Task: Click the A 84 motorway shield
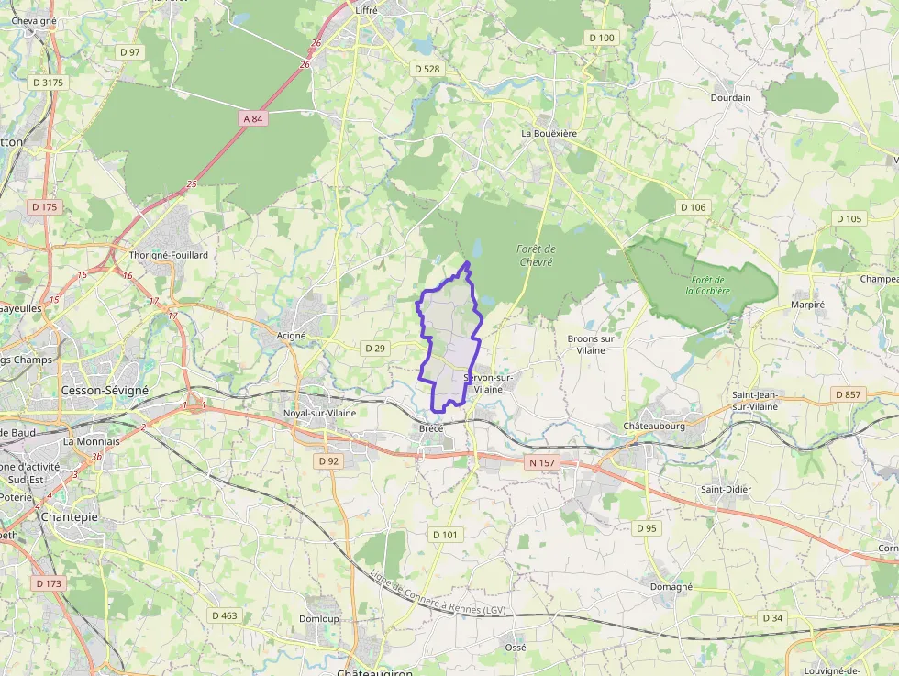click(253, 118)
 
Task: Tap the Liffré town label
click(367, 11)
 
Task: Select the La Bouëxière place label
click(549, 133)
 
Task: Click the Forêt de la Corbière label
click(708, 285)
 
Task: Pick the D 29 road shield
click(374, 349)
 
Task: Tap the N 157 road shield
click(542, 463)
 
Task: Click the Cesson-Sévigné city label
click(105, 390)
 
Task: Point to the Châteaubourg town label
click(655, 427)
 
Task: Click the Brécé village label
click(431, 429)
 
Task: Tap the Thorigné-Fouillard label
click(169, 254)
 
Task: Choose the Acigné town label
click(292, 336)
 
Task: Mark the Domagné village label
click(671, 586)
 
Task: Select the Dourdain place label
click(730, 97)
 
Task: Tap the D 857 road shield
click(849, 394)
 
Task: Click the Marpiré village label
click(808, 305)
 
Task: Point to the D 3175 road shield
click(49, 83)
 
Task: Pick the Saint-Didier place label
click(726, 489)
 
